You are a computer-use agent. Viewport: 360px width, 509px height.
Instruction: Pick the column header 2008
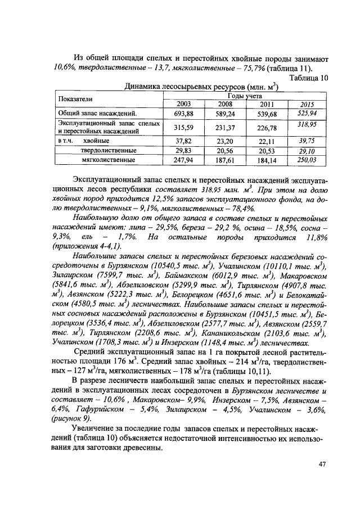226,105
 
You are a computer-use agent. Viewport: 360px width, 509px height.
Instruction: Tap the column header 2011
266,105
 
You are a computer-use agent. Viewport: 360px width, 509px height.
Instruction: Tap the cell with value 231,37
226,127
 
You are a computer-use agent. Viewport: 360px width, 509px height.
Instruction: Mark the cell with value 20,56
226,151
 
